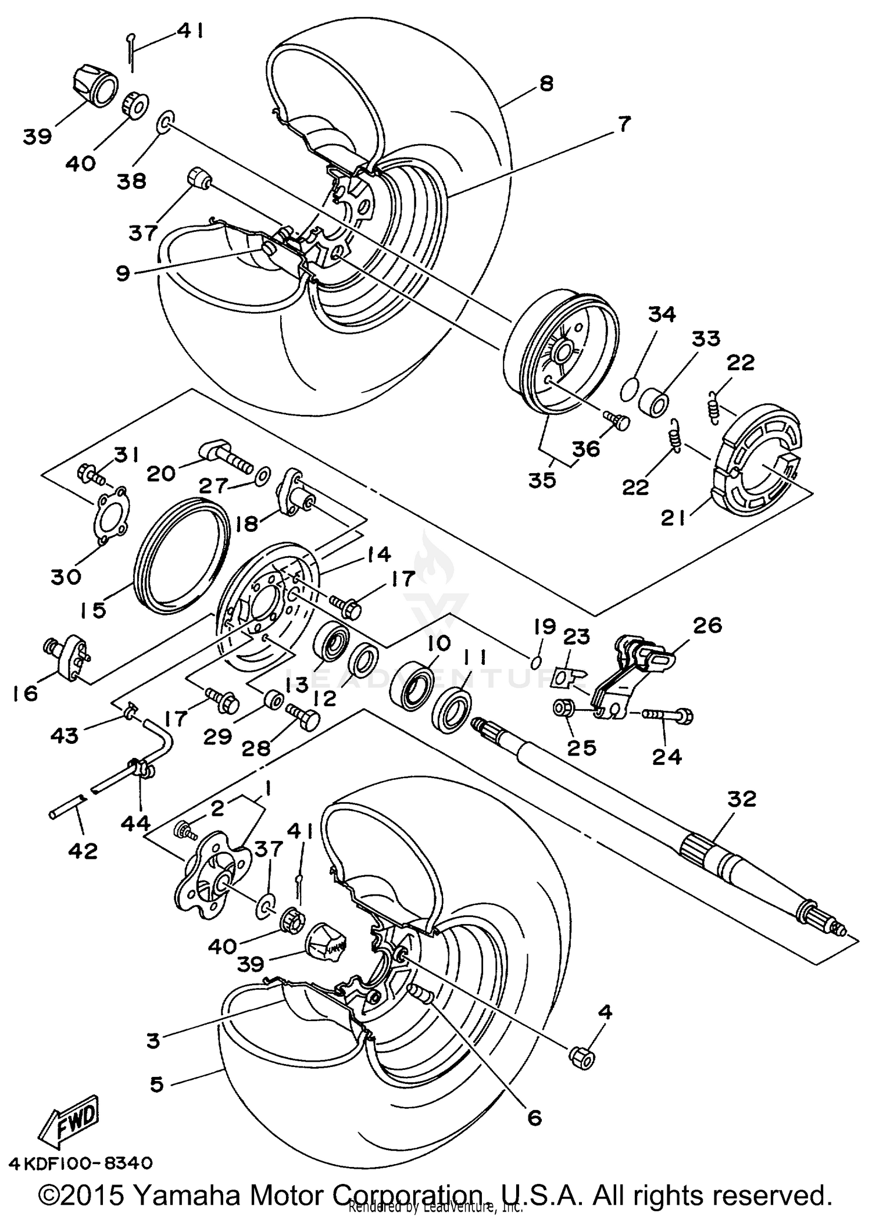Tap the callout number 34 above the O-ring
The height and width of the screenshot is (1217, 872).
coord(662,314)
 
